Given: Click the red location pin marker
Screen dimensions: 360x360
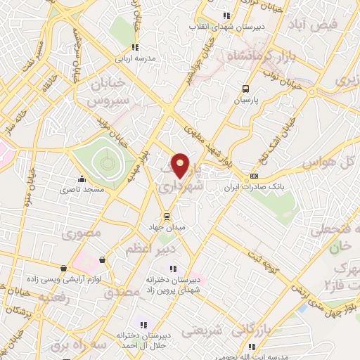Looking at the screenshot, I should (x=181, y=165).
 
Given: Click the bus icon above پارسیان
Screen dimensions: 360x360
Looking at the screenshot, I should (x=245, y=89).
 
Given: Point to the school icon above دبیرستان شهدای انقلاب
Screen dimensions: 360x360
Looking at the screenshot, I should (x=226, y=15).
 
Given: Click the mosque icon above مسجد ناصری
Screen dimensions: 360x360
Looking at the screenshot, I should (x=82, y=179).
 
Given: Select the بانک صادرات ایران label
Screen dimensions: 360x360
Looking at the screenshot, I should (x=254, y=188).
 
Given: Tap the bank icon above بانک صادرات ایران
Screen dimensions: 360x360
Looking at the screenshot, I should (x=255, y=176).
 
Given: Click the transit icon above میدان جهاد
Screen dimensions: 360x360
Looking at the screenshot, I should (x=167, y=216).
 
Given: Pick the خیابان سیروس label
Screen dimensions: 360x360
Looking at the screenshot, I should (x=110, y=91).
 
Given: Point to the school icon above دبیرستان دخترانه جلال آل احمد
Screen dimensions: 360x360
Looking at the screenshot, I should (x=143, y=325).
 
